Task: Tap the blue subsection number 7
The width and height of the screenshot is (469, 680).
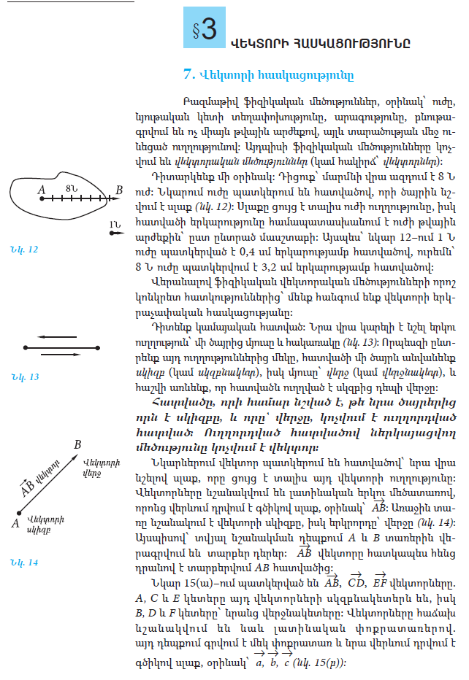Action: (x=188, y=73)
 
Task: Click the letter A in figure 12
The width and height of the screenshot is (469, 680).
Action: (x=42, y=191)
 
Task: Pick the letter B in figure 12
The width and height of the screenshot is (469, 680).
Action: (x=118, y=191)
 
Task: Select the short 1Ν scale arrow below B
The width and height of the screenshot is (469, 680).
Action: (x=115, y=233)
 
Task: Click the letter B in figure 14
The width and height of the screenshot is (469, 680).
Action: (x=77, y=444)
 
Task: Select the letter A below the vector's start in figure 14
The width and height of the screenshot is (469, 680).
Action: (x=15, y=522)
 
